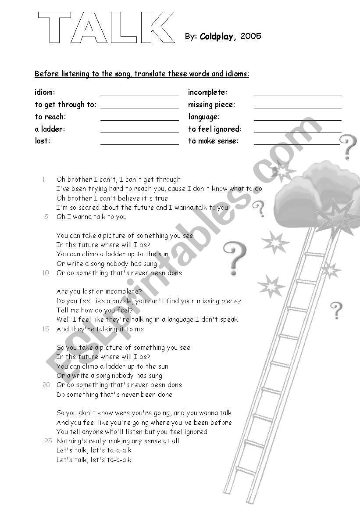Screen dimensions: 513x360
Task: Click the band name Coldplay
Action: pos(218,36)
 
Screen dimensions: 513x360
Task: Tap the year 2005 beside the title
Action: pos(251,36)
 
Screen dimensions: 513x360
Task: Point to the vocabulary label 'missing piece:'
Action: pos(212,104)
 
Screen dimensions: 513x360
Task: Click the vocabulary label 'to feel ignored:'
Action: pos(215,129)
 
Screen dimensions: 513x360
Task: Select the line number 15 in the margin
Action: pos(46,329)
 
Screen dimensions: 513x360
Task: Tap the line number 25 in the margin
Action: pos(48,441)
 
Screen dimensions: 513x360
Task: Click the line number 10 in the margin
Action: pos(46,273)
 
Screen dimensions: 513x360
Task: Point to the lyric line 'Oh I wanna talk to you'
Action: pos(92,217)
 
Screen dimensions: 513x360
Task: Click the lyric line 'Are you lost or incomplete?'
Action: pos(99,291)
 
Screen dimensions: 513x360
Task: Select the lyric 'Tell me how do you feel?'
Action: pos(94,310)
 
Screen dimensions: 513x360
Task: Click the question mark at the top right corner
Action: pos(349,147)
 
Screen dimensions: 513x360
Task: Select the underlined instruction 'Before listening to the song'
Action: pos(142,74)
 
